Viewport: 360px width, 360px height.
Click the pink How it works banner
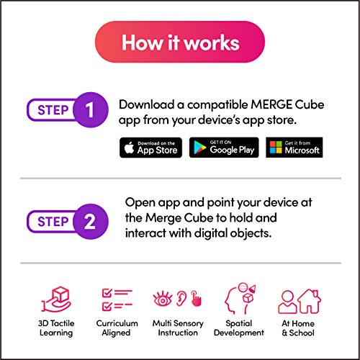[x=180, y=42]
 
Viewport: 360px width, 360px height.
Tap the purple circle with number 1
[x=91, y=110]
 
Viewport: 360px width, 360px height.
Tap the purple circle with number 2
[x=91, y=221]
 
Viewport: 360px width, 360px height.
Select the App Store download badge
[x=150, y=148]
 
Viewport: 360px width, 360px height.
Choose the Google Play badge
[x=224, y=148]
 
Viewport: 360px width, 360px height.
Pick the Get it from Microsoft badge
[x=294, y=148]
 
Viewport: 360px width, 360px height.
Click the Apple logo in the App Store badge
[x=129, y=148]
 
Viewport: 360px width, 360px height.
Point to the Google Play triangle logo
[x=199, y=148]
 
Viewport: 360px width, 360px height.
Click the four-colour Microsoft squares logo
[x=276, y=147]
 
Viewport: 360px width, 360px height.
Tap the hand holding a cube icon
[x=56, y=300]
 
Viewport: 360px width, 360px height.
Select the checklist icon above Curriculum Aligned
[x=117, y=299]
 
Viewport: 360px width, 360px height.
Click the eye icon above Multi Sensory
[x=163, y=299]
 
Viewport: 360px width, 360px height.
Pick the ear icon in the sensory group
[x=181, y=298]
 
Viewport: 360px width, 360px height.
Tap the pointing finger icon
[x=197, y=298]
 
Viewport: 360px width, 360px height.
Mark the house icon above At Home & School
[x=309, y=302]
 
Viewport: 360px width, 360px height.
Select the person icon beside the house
[x=287, y=302]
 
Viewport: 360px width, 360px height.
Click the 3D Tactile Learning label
[x=56, y=328]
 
